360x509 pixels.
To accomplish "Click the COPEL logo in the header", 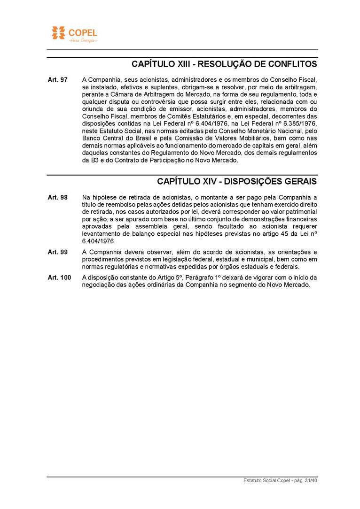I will [74, 34].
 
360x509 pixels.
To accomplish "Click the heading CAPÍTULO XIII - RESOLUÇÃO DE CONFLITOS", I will [224, 64].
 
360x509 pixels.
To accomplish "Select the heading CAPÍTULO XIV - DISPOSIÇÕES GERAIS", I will [237, 181].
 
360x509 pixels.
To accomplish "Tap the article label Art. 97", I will [57, 80].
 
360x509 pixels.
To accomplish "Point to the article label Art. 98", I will [57, 197].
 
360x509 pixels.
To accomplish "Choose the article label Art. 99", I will [57, 252].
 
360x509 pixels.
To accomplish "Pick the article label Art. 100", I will [59, 278].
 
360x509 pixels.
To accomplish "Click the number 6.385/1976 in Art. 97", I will [299, 123].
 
